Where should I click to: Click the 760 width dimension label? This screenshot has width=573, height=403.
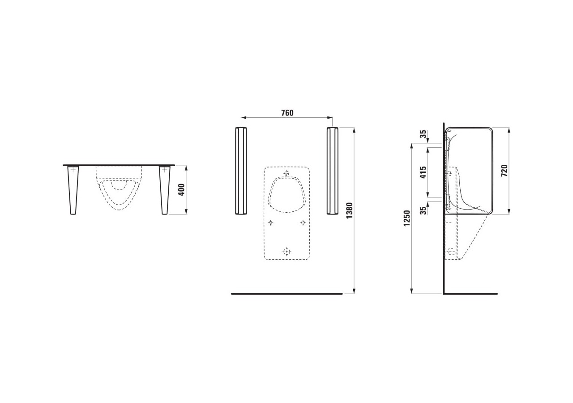287,113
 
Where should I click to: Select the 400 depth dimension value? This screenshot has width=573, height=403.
181,190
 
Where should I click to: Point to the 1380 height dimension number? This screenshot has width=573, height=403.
350,210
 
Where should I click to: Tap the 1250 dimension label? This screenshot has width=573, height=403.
406,218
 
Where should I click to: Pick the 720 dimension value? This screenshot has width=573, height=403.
504,171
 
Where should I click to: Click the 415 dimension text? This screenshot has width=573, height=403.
423,172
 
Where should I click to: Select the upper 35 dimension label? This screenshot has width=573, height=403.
423,135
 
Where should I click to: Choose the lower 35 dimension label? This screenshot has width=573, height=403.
423,210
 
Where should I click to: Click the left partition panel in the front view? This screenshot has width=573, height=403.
240,171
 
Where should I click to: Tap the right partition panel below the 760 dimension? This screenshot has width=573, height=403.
332,171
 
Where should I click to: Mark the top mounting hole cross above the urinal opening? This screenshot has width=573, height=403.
286,173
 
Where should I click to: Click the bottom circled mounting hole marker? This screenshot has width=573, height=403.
286,252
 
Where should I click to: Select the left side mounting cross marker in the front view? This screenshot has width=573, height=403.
270,223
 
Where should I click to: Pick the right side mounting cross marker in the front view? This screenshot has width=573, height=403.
303,223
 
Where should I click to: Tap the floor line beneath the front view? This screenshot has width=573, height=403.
286,294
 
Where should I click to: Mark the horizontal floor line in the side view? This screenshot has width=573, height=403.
470,294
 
